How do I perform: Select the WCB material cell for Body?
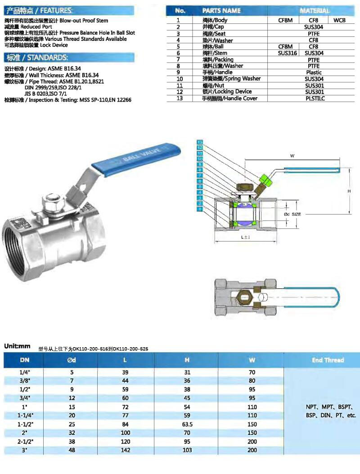[x=339, y=20]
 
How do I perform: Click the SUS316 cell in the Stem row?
[x=288, y=53]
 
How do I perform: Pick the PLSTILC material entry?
[x=314, y=98]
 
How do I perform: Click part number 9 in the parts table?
[x=178, y=72]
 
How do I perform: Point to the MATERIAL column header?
[x=314, y=10]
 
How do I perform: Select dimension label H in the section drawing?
[x=349, y=191]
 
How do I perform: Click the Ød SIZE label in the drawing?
[x=292, y=215]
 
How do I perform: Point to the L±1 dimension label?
[x=246, y=237]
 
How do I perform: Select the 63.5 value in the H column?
[x=187, y=424]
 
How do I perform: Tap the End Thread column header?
[x=328, y=360]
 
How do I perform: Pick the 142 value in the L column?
[x=125, y=450]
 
